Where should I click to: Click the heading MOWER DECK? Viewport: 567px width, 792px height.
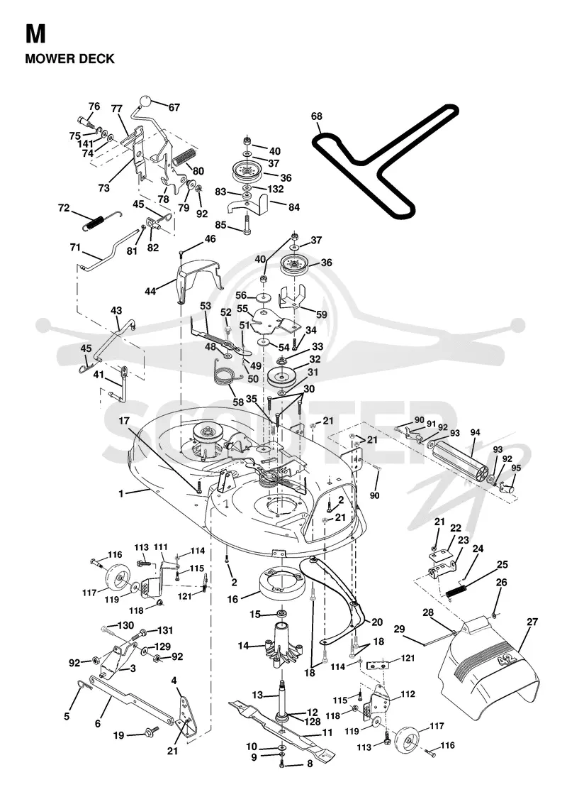click(x=69, y=59)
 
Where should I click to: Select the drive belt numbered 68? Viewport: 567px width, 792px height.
click(x=385, y=160)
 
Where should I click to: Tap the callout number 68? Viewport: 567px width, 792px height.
click(x=316, y=116)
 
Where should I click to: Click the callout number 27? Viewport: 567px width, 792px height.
click(x=532, y=622)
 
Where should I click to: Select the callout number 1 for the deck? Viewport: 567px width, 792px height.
click(x=121, y=493)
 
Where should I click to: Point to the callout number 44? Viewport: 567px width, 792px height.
click(x=150, y=292)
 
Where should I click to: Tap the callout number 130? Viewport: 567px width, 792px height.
click(x=125, y=625)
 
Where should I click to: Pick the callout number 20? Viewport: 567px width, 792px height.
click(x=377, y=622)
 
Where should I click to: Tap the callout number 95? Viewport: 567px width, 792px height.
click(x=515, y=468)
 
